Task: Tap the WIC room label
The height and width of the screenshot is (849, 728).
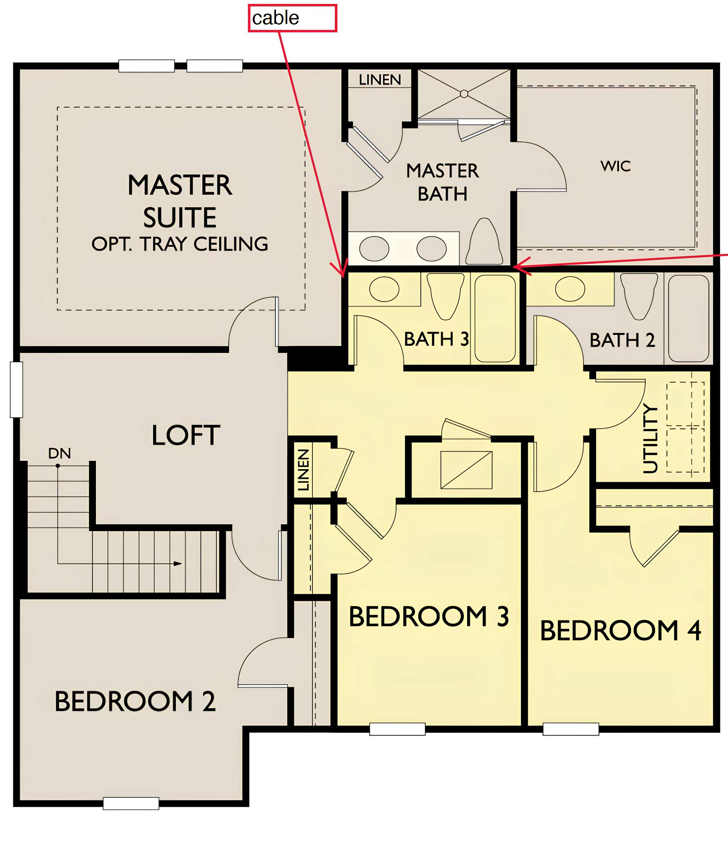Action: click(x=615, y=166)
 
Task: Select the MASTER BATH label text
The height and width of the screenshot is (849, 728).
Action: click(x=442, y=182)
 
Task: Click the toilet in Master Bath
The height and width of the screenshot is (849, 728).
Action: click(x=484, y=241)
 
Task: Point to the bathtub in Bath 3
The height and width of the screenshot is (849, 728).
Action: click(x=495, y=318)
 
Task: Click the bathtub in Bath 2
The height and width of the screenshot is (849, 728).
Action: click(x=689, y=318)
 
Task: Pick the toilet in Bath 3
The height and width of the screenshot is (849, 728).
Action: click(x=446, y=296)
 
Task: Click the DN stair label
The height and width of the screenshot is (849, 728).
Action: click(x=60, y=453)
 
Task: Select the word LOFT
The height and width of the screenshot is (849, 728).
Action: click(x=186, y=435)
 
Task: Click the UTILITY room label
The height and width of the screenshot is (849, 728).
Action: click(x=650, y=439)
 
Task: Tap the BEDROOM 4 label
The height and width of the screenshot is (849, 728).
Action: click(x=620, y=630)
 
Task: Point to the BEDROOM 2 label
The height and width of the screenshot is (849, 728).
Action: click(x=135, y=701)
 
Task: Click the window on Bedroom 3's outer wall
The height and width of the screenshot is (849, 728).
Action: click(x=397, y=729)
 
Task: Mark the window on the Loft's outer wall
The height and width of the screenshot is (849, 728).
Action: click(x=16, y=390)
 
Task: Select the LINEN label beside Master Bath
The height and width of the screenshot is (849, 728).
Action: click(x=380, y=80)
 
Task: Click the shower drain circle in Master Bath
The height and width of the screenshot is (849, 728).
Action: click(x=464, y=94)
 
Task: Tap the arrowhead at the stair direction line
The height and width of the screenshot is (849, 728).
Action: click(x=178, y=564)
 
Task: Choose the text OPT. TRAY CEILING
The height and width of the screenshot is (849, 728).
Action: click(x=180, y=244)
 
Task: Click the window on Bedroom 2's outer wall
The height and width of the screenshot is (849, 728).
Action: click(x=131, y=803)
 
